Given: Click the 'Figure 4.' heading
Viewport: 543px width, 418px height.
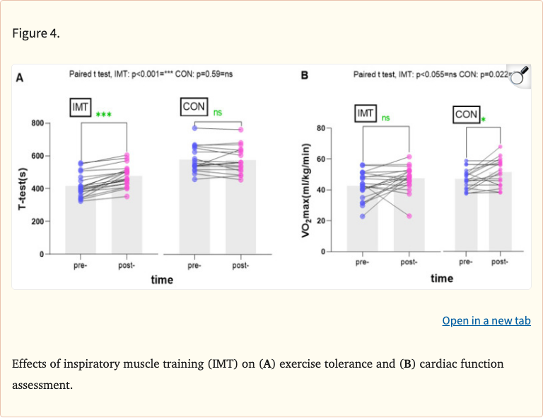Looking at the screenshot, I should click(x=36, y=33).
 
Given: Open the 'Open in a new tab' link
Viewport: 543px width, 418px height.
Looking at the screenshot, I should click(x=486, y=320).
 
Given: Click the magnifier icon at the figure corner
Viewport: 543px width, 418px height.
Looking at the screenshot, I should click(x=520, y=75).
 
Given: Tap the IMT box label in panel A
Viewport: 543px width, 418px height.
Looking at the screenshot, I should click(x=81, y=107).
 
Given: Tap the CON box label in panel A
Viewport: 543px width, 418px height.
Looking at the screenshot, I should click(x=194, y=107).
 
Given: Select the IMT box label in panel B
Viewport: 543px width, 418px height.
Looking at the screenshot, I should click(x=366, y=113).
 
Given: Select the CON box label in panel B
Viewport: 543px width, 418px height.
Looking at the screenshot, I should click(x=466, y=114).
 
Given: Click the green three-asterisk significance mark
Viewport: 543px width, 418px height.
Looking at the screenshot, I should click(x=103, y=114).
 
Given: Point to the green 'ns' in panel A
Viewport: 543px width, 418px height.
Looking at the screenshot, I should click(x=218, y=112).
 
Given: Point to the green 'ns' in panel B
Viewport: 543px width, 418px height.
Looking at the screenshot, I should click(x=385, y=118).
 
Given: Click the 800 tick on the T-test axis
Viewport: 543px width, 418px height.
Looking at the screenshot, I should click(x=37, y=123).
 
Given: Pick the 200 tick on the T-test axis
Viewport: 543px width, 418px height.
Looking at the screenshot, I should click(x=37, y=221).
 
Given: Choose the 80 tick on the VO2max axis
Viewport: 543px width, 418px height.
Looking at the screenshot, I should click(x=320, y=128).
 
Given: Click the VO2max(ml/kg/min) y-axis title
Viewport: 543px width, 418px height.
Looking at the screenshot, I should click(x=306, y=189).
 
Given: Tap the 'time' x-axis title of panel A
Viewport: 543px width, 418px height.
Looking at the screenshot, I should click(x=162, y=280).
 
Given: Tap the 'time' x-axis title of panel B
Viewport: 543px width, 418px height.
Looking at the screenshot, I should click(x=442, y=278).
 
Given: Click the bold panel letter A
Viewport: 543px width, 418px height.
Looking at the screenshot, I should click(x=21, y=79).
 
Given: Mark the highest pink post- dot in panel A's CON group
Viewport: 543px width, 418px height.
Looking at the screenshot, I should click(x=240, y=130).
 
